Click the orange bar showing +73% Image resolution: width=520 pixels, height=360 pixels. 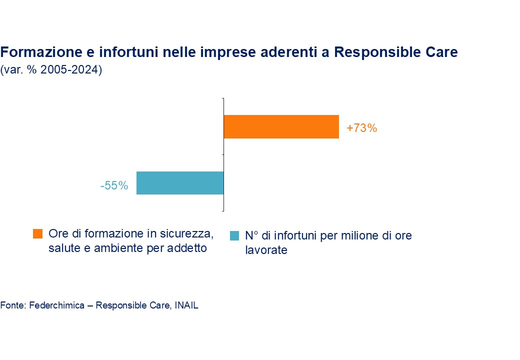pyautogui.click(x=281, y=127)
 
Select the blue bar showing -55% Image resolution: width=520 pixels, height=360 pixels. pyautogui.click(x=180, y=183)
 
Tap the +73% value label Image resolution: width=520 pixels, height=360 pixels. pyautogui.click(x=361, y=128)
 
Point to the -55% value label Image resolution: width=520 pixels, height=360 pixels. pyautogui.click(x=114, y=186)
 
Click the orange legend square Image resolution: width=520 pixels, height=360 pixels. pyautogui.click(x=37, y=233)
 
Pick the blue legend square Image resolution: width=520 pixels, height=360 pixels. pyautogui.click(x=234, y=235)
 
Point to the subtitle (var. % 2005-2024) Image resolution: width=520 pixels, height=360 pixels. pyautogui.click(x=51, y=70)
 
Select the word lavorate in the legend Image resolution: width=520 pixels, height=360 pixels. pyautogui.click(x=266, y=250)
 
